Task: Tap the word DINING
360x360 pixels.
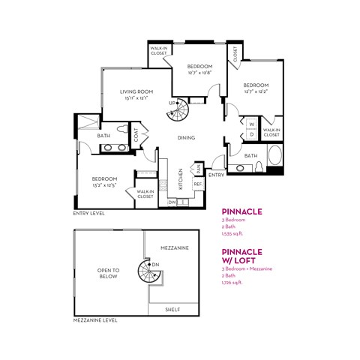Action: pyautogui.click(x=187, y=137)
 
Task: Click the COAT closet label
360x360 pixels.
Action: pyautogui.click(x=136, y=136)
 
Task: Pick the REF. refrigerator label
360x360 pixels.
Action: pyautogui.click(x=199, y=183)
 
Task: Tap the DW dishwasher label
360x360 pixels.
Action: pyautogui.click(x=172, y=202)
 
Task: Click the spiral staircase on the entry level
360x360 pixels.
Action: pyautogui.click(x=178, y=115)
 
